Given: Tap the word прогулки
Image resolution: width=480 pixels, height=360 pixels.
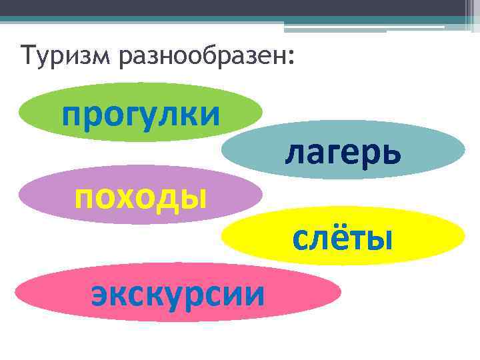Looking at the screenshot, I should [141, 113].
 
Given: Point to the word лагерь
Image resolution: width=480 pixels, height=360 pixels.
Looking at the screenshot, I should [343, 153].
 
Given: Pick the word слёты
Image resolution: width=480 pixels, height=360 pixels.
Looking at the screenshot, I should [342, 237].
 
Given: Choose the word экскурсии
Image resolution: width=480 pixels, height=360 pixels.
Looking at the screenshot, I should [177, 293].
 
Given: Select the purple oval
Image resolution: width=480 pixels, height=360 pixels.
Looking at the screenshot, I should [40, 195].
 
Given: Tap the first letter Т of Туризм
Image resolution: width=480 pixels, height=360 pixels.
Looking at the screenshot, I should [28, 55].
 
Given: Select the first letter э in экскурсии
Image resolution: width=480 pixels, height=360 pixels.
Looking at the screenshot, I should [101, 293].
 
